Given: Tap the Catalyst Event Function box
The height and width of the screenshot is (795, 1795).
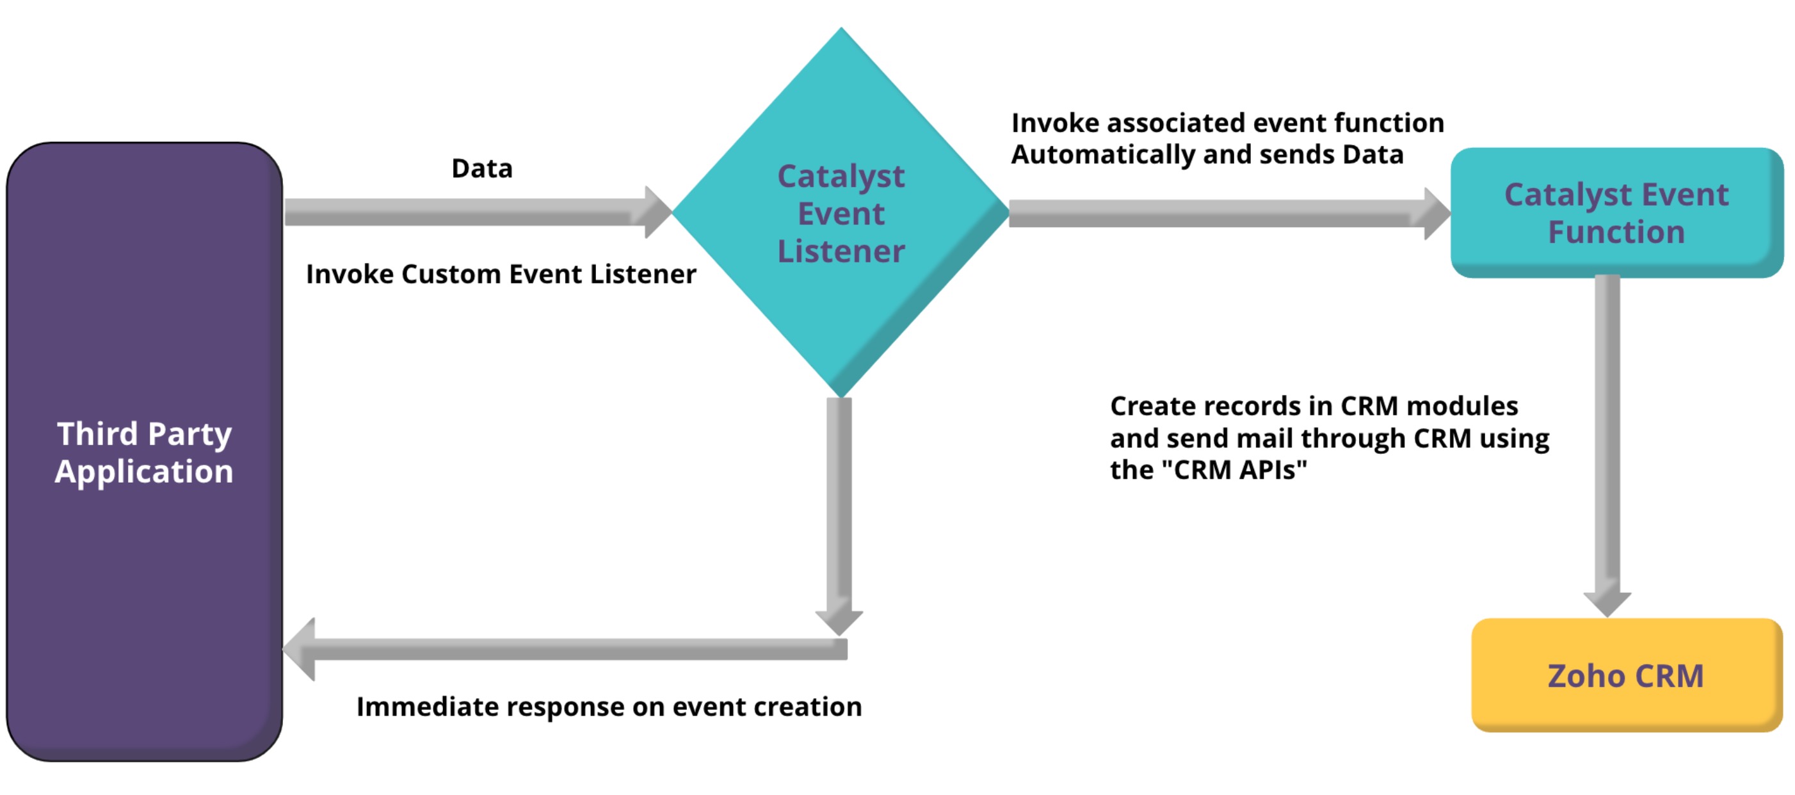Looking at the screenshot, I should pos(1616,212).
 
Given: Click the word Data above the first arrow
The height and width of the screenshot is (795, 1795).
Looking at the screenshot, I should pos(481,168).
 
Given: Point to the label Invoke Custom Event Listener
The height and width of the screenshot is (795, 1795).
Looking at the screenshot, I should pos(501,274).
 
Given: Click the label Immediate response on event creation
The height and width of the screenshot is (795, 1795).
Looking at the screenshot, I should pos(609,707).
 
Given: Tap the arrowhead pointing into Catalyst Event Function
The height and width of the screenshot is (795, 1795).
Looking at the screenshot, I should pos(1435,213).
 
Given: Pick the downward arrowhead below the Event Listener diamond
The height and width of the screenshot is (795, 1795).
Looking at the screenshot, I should pos(839,620).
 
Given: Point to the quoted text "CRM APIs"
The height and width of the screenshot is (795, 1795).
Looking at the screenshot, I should pos(1234,470).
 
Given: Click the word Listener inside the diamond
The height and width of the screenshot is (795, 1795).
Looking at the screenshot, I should pos(841,251).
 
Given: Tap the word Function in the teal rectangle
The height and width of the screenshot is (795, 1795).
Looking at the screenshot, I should pos(1616,231).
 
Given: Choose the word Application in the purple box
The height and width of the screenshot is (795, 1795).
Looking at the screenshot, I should pos(144,471).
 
